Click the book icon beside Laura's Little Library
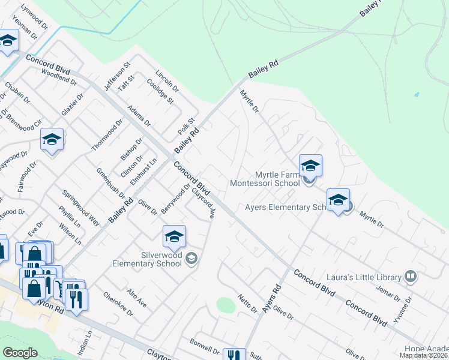[x=411, y=277]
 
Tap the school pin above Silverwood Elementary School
[x=174, y=236]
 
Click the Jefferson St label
[x=117, y=76]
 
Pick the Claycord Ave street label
[x=203, y=203]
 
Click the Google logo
[x=20, y=353]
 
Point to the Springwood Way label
[x=81, y=208]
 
